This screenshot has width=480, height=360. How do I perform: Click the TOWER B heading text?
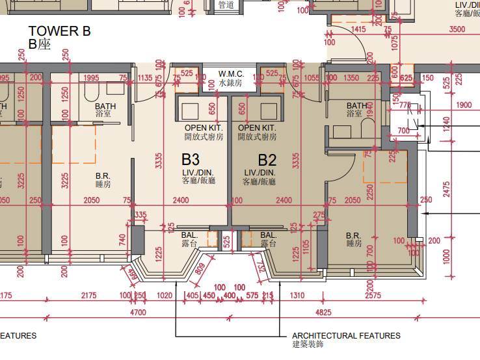[59, 31]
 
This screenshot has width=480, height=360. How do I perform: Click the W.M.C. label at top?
[231, 73]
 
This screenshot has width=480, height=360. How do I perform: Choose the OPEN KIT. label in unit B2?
[257, 128]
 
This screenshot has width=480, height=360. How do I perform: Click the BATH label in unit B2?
[356, 106]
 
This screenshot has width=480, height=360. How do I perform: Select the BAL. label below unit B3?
[190, 235]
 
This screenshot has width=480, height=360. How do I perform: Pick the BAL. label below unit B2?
[269, 235]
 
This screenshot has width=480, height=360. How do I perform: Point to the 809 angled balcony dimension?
[199, 268]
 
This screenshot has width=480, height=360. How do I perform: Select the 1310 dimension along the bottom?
[298, 296]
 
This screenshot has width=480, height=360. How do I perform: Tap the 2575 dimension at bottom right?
[373, 296]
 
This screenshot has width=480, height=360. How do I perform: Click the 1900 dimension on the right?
[464, 105]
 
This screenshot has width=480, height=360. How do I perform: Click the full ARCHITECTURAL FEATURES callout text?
[346, 336]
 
